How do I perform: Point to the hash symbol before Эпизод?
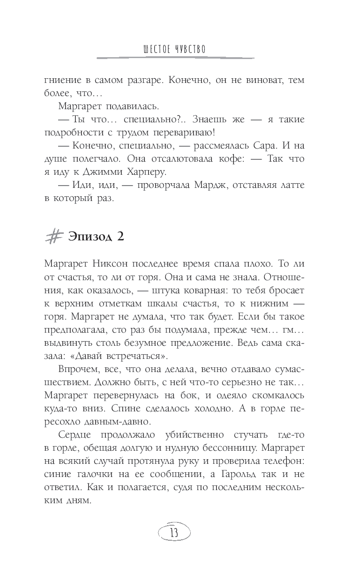[x=54, y=236]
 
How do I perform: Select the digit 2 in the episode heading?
[x=120, y=236]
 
